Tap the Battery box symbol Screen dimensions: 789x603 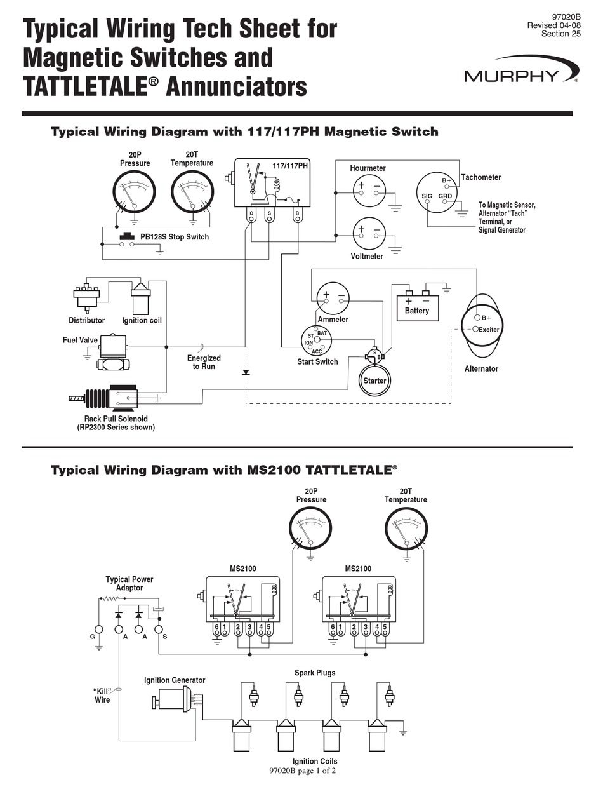pyautogui.click(x=417, y=305)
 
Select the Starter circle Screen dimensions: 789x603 pyautogui.click(x=374, y=380)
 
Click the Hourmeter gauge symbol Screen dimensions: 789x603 pyautogui.click(x=369, y=190)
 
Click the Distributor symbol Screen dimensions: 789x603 pyautogui.click(x=86, y=297)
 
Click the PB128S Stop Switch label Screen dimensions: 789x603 pyautogui.click(x=174, y=237)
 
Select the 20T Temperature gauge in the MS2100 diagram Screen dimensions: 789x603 pyautogui.click(x=406, y=530)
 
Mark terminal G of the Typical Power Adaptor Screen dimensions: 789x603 pyautogui.click(x=98, y=630)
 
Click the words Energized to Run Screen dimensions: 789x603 pyautogui.click(x=204, y=362)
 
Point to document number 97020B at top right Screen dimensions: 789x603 pyautogui.click(x=567, y=15)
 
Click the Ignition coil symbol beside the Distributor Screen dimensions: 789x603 pyautogui.click(x=140, y=297)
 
